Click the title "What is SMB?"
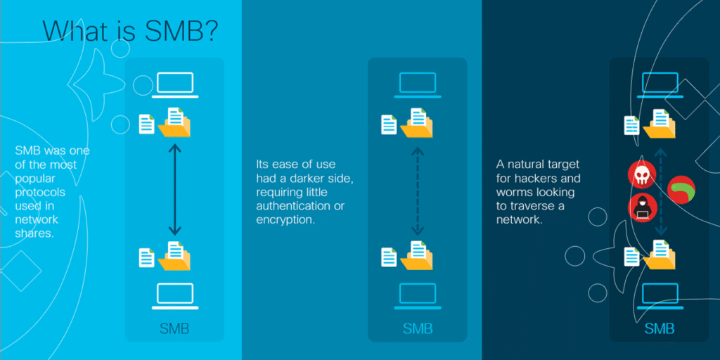pyautogui.click(x=130, y=31)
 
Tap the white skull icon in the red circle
pyautogui.click(x=641, y=175)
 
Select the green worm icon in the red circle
pyautogui.click(x=681, y=190)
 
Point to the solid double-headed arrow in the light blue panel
pyautogui.click(x=174, y=189)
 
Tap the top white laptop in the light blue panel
pyautogui.click(x=175, y=84)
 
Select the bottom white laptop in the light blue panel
pyautogui.click(x=175, y=296)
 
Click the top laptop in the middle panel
pyautogui.click(x=418, y=84)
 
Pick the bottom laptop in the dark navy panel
pyautogui.click(x=660, y=296)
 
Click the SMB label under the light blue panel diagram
pyautogui.click(x=174, y=329)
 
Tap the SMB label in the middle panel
pyautogui.click(x=418, y=329)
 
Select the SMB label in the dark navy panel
pyautogui.click(x=660, y=329)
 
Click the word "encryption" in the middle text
pyautogui.click(x=285, y=219)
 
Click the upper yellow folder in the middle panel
pyautogui.click(x=416, y=122)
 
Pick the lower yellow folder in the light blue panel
pyautogui.click(x=174, y=256)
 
